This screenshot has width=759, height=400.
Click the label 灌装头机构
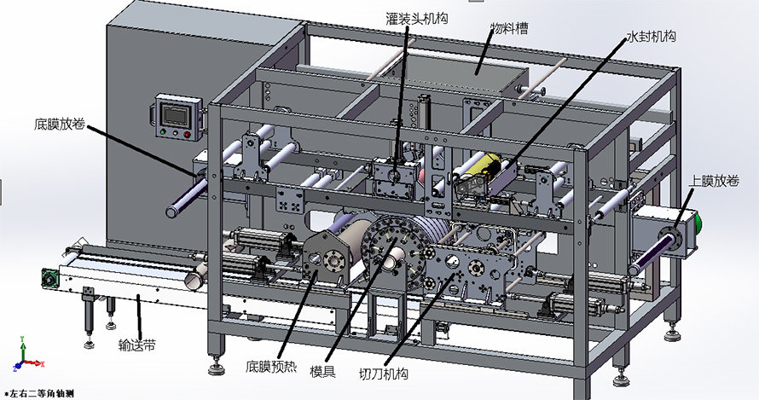(416, 19)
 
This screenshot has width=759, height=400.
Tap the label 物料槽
(509, 29)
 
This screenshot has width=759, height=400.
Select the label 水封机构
(651, 37)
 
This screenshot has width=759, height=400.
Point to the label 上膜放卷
(714, 181)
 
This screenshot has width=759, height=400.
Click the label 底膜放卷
(60, 124)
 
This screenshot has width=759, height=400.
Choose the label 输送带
(137, 345)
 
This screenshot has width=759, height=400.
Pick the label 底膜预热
(270, 367)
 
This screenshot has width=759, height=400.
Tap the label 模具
(322, 372)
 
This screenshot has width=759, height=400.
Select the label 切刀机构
(384, 374)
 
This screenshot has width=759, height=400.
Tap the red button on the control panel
(187, 134)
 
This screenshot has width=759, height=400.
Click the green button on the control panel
(163, 131)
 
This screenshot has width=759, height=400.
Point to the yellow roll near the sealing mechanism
(490, 166)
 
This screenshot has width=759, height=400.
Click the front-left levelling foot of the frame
(217, 368)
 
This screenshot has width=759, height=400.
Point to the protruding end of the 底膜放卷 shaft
(173, 212)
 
